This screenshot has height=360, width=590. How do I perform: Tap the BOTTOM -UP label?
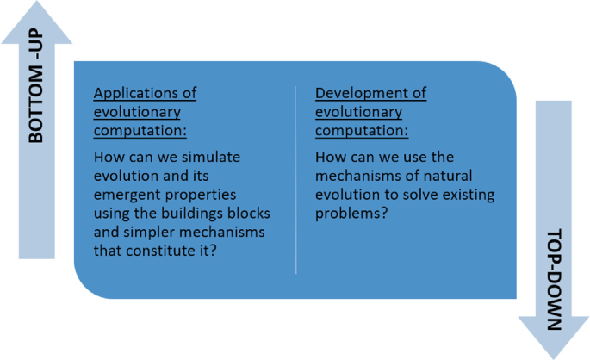[x=36, y=85]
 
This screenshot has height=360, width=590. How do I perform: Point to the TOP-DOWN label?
[x=554, y=279]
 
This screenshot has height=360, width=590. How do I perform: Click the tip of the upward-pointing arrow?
[x=37, y=1]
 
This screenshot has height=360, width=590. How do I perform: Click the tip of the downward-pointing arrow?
[x=554, y=359]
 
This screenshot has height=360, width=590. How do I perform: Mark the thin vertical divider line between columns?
[x=296, y=180]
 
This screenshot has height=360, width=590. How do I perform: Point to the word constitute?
[x=161, y=251]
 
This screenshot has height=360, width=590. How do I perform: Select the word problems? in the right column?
[x=351, y=214]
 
